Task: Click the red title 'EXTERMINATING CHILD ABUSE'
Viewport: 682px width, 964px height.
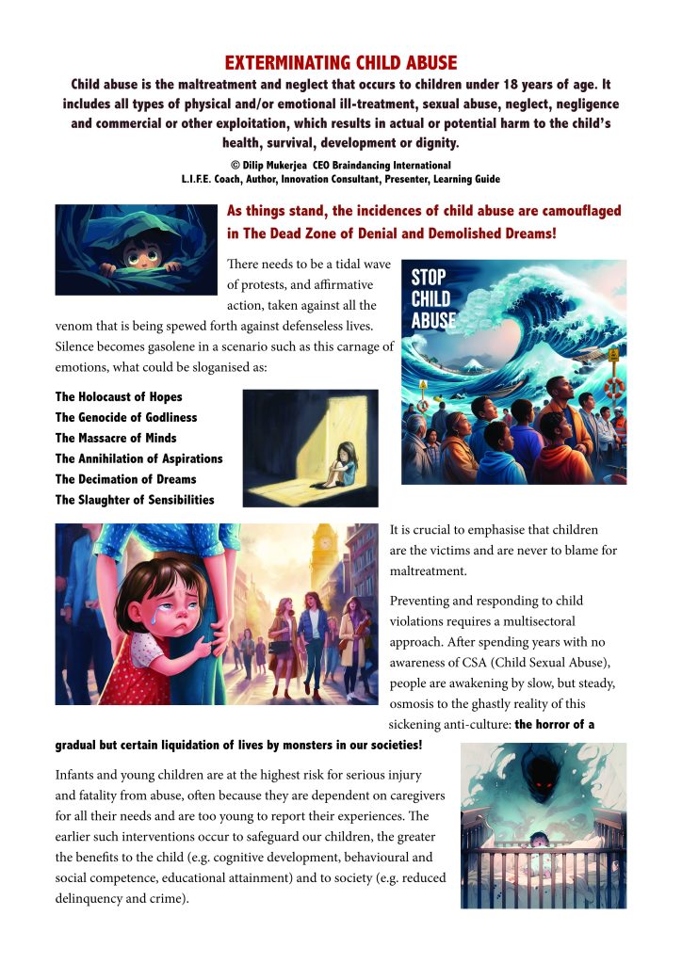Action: tap(341, 63)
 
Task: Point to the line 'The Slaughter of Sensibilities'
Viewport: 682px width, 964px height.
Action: tap(135, 500)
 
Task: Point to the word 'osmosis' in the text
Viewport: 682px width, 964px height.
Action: tap(415, 705)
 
